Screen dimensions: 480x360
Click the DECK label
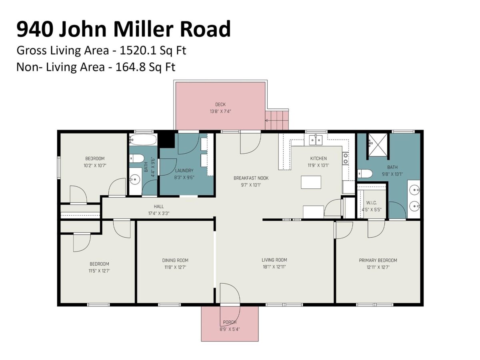pyautogui.click(x=220, y=104)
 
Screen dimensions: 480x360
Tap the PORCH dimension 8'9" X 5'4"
pyautogui.click(x=229, y=329)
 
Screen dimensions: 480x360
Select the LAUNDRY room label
pyautogui.click(x=184, y=170)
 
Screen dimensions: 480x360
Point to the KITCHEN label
pyautogui.click(x=318, y=158)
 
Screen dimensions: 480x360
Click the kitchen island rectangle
pyautogui.click(x=311, y=182)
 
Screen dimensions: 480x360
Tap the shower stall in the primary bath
pyautogui.click(x=378, y=145)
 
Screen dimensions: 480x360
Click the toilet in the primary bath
pyautogui.click(x=365, y=174)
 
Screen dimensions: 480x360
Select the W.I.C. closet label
pyautogui.click(x=371, y=203)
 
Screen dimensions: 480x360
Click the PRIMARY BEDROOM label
pyautogui.click(x=378, y=260)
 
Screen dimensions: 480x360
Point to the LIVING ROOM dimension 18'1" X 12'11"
pyautogui.click(x=274, y=267)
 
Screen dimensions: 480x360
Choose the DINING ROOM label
pyautogui.click(x=175, y=260)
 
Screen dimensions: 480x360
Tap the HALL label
pyautogui.click(x=158, y=206)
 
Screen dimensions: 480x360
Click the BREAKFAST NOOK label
pyautogui.click(x=251, y=178)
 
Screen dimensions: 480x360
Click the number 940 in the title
pyautogui.click(x=35, y=29)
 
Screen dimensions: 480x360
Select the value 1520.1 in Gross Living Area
pyautogui.click(x=138, y=51)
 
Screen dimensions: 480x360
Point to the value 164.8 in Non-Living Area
pyautogui.click(x=130, y=67)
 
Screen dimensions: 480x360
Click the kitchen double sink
pyautogui.click(x=316, y=140)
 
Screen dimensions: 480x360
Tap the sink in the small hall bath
pyautogui.click(x=135, y=180)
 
